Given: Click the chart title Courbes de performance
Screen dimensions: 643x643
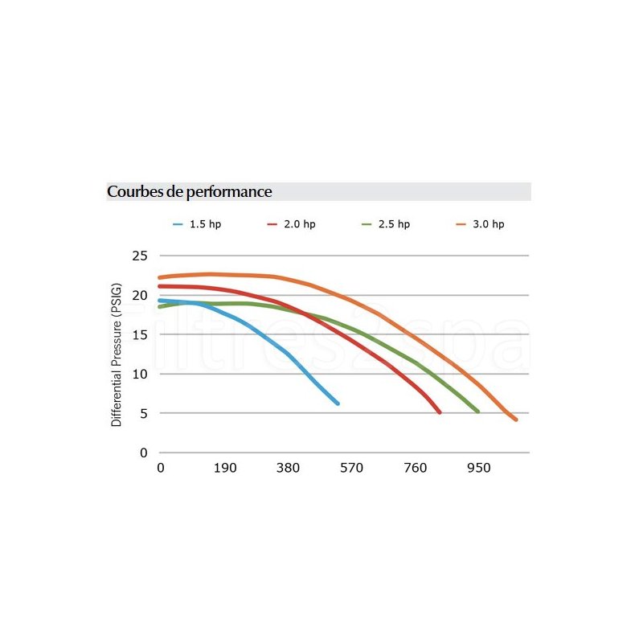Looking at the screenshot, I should [189, 192].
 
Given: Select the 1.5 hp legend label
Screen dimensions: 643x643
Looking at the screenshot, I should [205, 224].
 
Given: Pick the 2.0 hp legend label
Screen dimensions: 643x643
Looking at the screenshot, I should [300, 224].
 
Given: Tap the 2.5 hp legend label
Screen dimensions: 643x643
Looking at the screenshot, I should [394, 224].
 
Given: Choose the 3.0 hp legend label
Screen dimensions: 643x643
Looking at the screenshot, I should [489, 224].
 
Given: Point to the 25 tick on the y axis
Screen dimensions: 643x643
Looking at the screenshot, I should [140, 256].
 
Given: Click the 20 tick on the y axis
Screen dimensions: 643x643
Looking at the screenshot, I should [140, 295].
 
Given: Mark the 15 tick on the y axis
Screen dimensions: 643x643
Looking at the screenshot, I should [140, 334].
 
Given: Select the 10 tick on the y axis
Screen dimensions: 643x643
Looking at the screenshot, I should [140, 374].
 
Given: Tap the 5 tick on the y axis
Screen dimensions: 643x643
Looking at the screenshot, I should [144, 413].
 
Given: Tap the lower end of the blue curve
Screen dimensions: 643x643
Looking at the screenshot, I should [338, 403].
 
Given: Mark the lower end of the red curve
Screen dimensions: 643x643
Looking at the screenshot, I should [440, 412].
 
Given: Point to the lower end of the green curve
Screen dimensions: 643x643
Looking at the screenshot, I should [477, 412].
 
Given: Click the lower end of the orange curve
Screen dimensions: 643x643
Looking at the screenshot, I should [515, 419].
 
